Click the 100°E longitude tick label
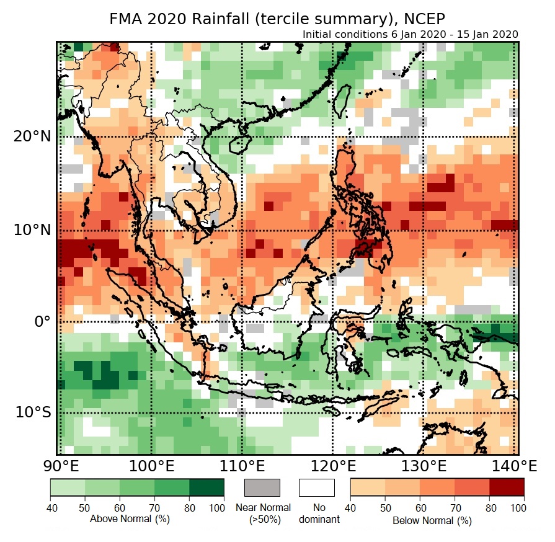click(150, 465)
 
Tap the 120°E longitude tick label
click(332, 465)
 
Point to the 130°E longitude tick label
click(424, 465)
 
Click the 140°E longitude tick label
click(516, 465)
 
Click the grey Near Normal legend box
click(262, 487)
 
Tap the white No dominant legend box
click(317, 487)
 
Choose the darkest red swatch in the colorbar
click(507, 487)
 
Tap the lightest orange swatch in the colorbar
click(368, 487)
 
